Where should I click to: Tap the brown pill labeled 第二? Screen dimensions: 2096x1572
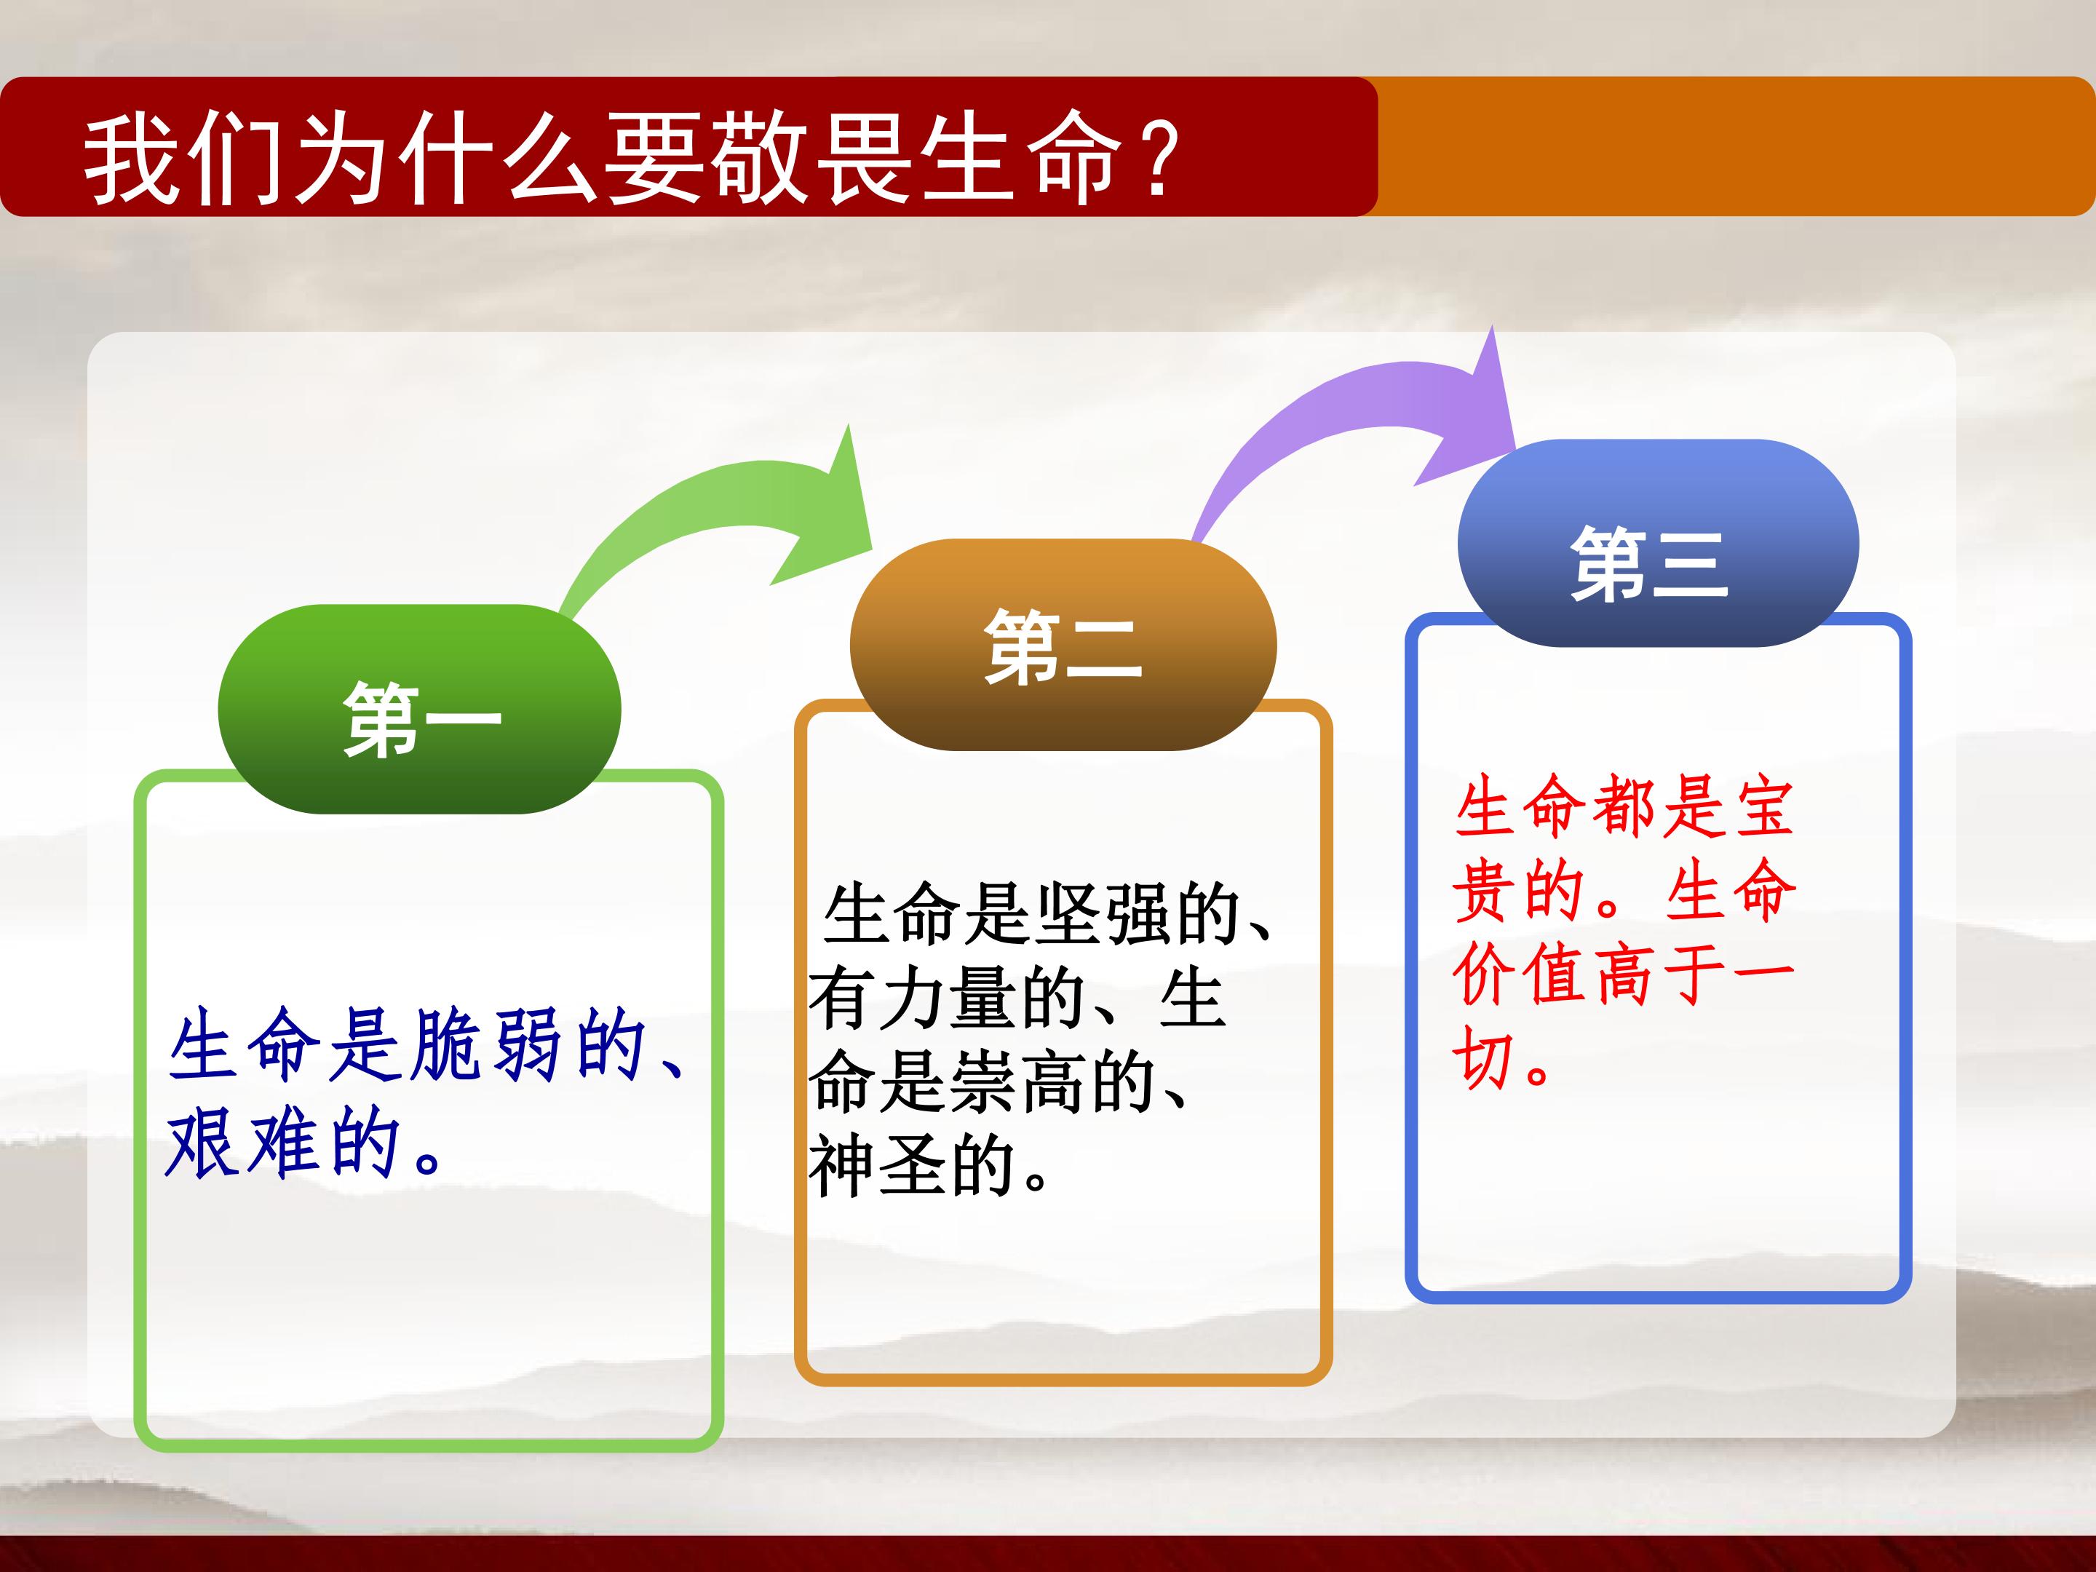[1063, 644]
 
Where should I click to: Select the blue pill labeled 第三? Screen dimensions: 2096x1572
[1658, 543]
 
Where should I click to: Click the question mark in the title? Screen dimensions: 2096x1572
[1158, 158]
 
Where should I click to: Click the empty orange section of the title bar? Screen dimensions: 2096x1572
[1734, 146]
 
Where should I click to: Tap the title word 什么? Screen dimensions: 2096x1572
[498, 158]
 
